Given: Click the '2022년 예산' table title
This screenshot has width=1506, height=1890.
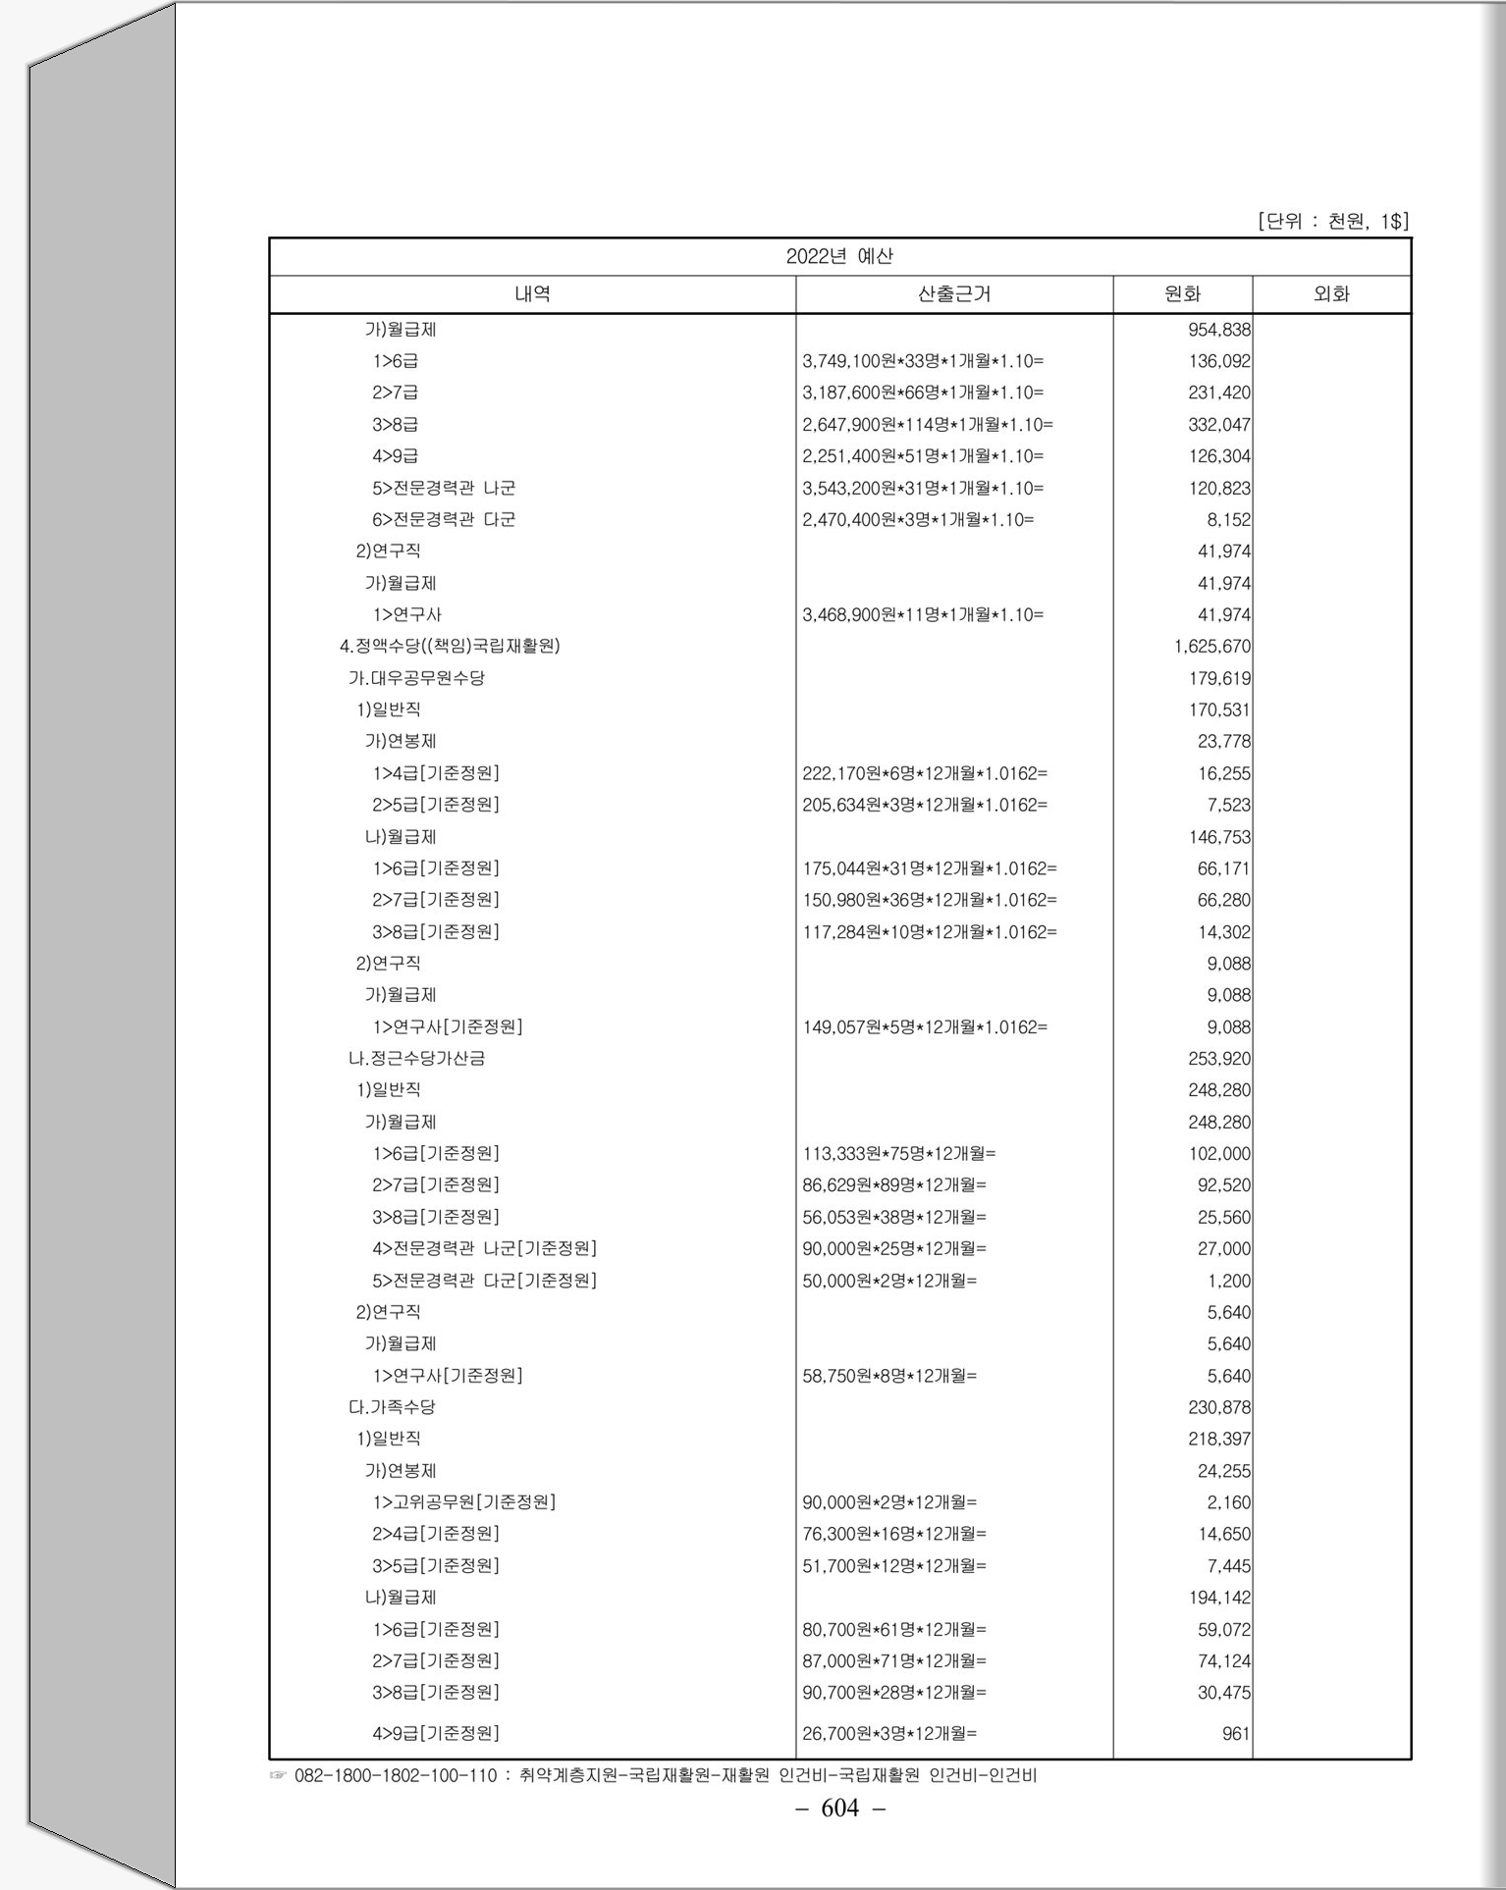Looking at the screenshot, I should point(839,257).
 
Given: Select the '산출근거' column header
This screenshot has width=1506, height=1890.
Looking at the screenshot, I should point(953,294).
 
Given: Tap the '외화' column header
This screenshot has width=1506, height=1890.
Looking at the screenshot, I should point(1331,294).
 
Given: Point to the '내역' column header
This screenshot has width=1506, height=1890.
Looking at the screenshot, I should point(532,294).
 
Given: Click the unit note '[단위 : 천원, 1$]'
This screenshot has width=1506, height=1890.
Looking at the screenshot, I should point(1332,222).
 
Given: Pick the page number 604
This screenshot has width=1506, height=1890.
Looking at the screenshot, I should point(839,1809).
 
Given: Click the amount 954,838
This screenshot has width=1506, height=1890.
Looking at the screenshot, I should point(1219,330).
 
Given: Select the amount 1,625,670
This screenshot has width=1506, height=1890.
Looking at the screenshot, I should point(1212,647).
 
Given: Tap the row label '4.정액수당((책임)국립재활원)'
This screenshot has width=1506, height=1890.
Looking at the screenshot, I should point(450,647).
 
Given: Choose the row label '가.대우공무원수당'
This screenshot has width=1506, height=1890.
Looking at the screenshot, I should point(416,678).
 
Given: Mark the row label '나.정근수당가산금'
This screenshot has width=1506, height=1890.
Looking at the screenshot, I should point(416,1059).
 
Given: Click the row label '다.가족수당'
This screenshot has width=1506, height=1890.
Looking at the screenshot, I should point(392,1407).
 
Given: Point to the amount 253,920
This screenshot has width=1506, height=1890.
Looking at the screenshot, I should point(1219,1059).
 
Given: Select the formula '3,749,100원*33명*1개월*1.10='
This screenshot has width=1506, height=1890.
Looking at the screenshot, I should point(923,362).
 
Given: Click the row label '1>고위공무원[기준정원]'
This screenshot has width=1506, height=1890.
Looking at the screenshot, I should point(463,1502).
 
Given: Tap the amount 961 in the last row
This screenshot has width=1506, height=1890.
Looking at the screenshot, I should point(1236,1734).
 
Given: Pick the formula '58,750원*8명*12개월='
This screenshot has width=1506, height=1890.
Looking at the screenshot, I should point(889,1376).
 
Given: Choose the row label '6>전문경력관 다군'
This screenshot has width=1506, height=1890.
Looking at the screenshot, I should point(444,520).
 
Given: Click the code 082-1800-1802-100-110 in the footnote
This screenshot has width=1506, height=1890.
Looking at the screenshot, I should point(396,1775).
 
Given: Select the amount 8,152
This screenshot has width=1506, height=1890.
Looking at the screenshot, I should point(1229,520).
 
